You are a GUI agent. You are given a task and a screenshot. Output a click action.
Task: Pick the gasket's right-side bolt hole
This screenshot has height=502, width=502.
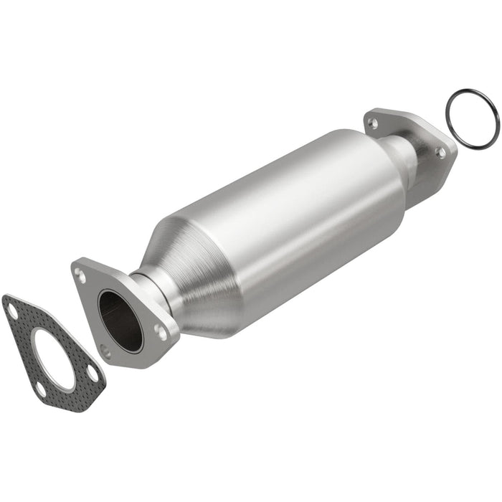[93, 372]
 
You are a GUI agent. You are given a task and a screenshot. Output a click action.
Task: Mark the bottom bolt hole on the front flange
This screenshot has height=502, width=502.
[105, 352]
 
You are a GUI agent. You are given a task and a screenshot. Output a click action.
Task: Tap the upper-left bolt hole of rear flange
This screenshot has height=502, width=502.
[372, 123]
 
